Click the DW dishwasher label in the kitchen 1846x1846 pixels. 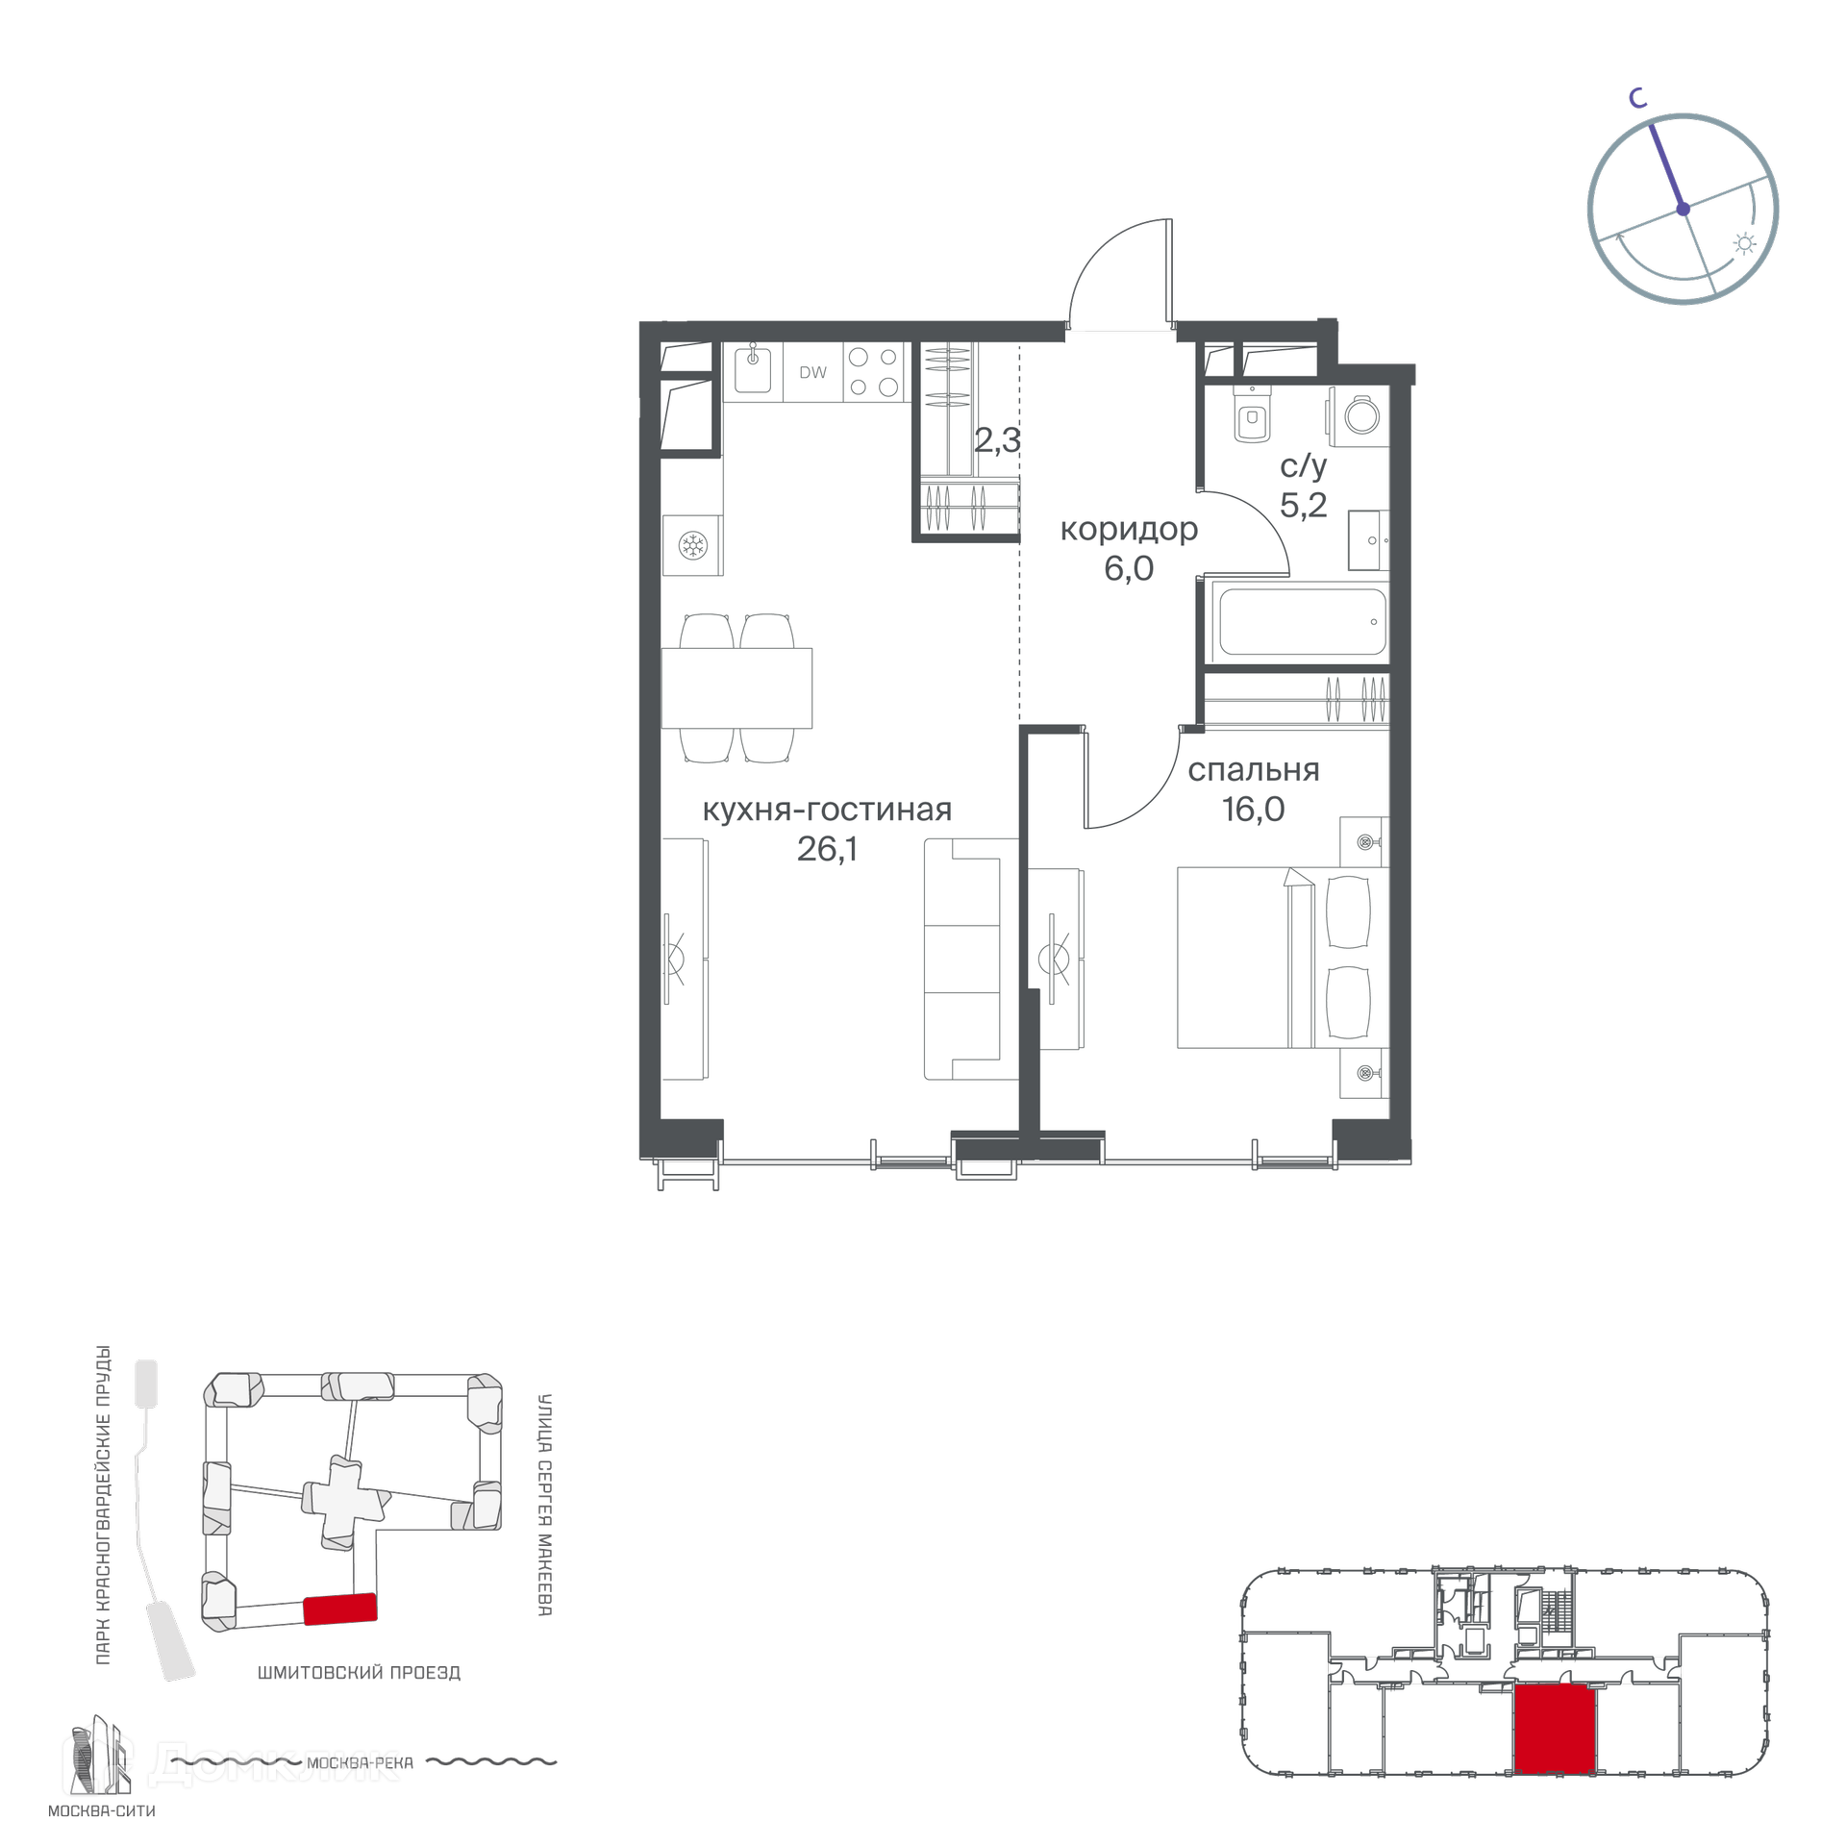(x=812, y=372)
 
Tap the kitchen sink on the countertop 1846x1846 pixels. (x=753, y=370)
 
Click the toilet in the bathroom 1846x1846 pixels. (x=1251, y=414)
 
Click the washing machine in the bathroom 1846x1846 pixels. (x=1359, y=415)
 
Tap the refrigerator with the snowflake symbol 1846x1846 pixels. (x=691, y=546)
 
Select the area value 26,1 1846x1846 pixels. (x=827, y=849)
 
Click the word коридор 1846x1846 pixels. (x=1129, y=530)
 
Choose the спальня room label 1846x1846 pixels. (x=1253, y=770)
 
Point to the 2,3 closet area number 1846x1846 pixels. (x=997, y=441)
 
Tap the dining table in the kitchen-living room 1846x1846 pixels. (x=736, y=687)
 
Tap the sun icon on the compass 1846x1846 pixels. (x=1745, y=244)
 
